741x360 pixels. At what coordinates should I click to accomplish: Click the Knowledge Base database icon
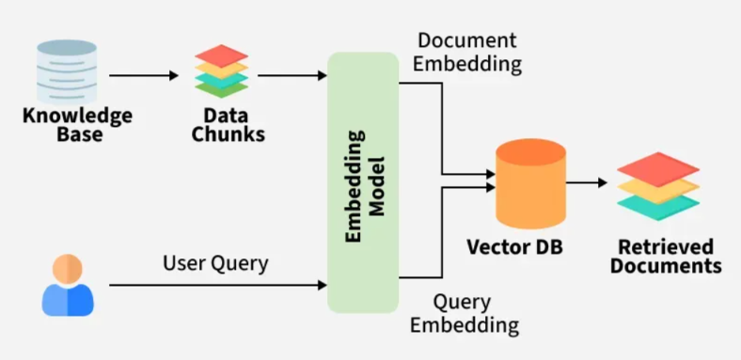click(67, 71)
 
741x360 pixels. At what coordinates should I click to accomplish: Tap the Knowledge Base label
click(77, 125)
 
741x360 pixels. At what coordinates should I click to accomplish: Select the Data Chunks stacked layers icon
click(222, 70)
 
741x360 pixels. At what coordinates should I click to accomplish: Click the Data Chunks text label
click(228, 125)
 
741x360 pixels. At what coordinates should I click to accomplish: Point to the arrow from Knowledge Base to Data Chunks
click(144, 75)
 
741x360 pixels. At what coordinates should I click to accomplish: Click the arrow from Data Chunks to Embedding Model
click(292, 75)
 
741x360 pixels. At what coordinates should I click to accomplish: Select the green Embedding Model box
click(363, 182)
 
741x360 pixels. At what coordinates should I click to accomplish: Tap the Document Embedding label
click(467, 52)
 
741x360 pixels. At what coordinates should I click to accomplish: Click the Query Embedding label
click(465, 313)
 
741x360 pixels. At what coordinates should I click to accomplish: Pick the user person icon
click(68, 285)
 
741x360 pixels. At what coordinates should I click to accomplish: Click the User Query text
click(215, 263)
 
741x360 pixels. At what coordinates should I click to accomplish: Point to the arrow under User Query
click(218, 285)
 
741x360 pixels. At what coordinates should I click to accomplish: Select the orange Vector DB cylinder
click(530, 184)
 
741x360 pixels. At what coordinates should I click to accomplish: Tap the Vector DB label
click(514, 247)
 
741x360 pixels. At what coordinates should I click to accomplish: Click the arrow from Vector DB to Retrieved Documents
click(587, 182)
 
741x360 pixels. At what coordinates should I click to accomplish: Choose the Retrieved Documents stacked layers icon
click(658, 187)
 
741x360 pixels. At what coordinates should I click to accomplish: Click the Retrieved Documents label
click(666, 257)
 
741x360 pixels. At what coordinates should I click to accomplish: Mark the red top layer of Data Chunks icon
click(222, 55)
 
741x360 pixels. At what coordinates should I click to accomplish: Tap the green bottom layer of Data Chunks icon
click(222, 88)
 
